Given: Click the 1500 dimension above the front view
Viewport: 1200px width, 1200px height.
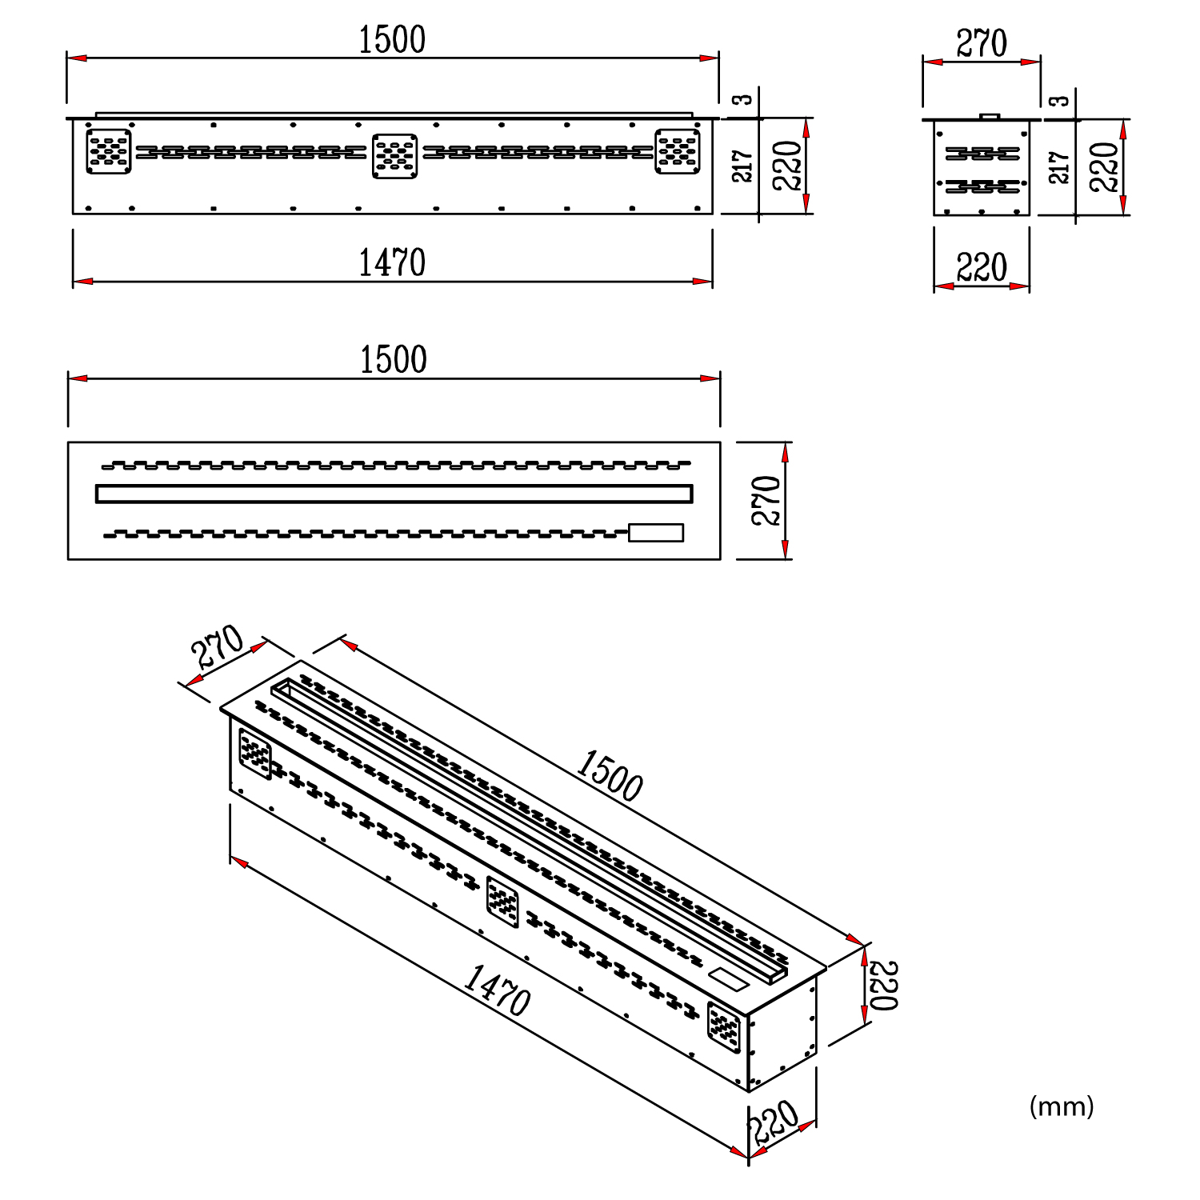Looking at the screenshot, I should pyautogui.click(x=391, y=40).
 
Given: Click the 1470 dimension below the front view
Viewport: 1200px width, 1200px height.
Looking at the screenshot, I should pyautogui.click(x=391, y=263).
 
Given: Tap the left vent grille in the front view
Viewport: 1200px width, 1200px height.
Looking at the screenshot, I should pyautogui.click(x=108, y=151).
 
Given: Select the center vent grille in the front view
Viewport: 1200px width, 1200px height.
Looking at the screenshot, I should pyautogui.click(x=395, y=155).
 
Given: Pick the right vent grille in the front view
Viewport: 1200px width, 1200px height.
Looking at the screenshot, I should pyautogui.click(x=678, y=151).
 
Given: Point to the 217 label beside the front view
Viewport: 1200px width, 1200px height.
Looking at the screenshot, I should pyautogui.click(x=743, y=166).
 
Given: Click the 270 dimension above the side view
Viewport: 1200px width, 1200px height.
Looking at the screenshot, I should pyautogui.click(x=982, y=44).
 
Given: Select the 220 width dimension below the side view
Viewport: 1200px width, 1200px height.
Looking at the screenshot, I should pyautogui.click(x=982, y=268).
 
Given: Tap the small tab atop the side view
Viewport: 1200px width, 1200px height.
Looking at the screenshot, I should pyautogui.click(x=990, y=116).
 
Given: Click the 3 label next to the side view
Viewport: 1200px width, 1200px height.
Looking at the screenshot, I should pyautogui.click(x=1059, y=101).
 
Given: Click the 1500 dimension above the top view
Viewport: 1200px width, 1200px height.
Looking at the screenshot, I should pyautogui.click(x=393, y=360).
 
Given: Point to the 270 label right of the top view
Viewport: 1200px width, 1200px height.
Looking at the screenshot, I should pyautogui.click(x=766, y=501).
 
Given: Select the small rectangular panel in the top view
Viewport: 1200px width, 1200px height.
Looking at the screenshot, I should pyautogui.click(x=656, y=533).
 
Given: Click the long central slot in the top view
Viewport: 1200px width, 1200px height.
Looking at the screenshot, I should pyautogui.click(x=394, y=494).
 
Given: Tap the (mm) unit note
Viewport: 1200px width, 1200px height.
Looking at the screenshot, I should pyautogui.click(x=1061, y=1106).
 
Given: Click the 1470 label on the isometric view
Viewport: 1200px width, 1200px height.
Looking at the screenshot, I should pyautogui.click(x=497, y=990).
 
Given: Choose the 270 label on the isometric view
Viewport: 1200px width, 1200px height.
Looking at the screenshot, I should pyautogui.click(x=218, y=646).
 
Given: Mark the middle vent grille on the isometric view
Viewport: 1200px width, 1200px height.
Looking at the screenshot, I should pyautogui.click(x=502, y=902).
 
